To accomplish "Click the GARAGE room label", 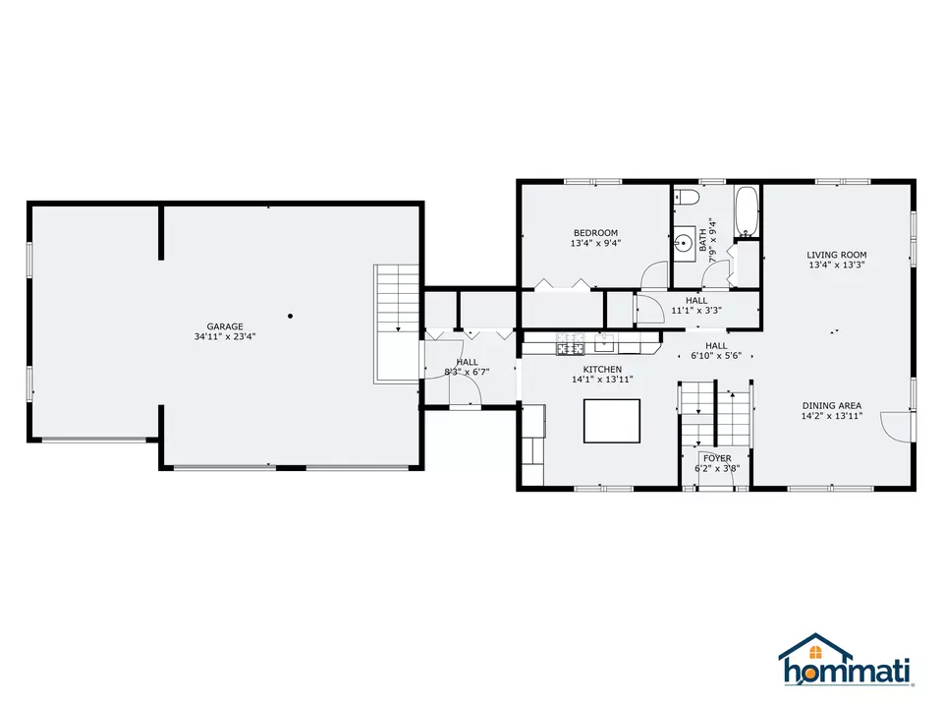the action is point(225,326).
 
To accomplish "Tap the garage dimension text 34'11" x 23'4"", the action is point(225,336).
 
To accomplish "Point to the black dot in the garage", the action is point(291,316).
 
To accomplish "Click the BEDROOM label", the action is point(595,233).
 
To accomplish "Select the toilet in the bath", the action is point(686,197).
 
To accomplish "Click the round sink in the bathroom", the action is point(684,243).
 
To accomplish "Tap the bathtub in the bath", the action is point(747,211).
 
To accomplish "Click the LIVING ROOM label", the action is point(837,255).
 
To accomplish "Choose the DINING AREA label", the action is point(832,406).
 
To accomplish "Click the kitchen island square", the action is point(612,421).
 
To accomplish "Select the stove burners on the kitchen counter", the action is point(570,344).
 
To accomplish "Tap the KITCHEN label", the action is point(602,369).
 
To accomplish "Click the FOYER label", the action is point(717,458).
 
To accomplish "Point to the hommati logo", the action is point(846,661).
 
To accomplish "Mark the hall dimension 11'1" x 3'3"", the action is point(696,311).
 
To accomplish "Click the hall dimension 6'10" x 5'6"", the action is point(716,356).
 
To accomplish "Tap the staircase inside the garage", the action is point(396,324).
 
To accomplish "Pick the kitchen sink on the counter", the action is point(604,343).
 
